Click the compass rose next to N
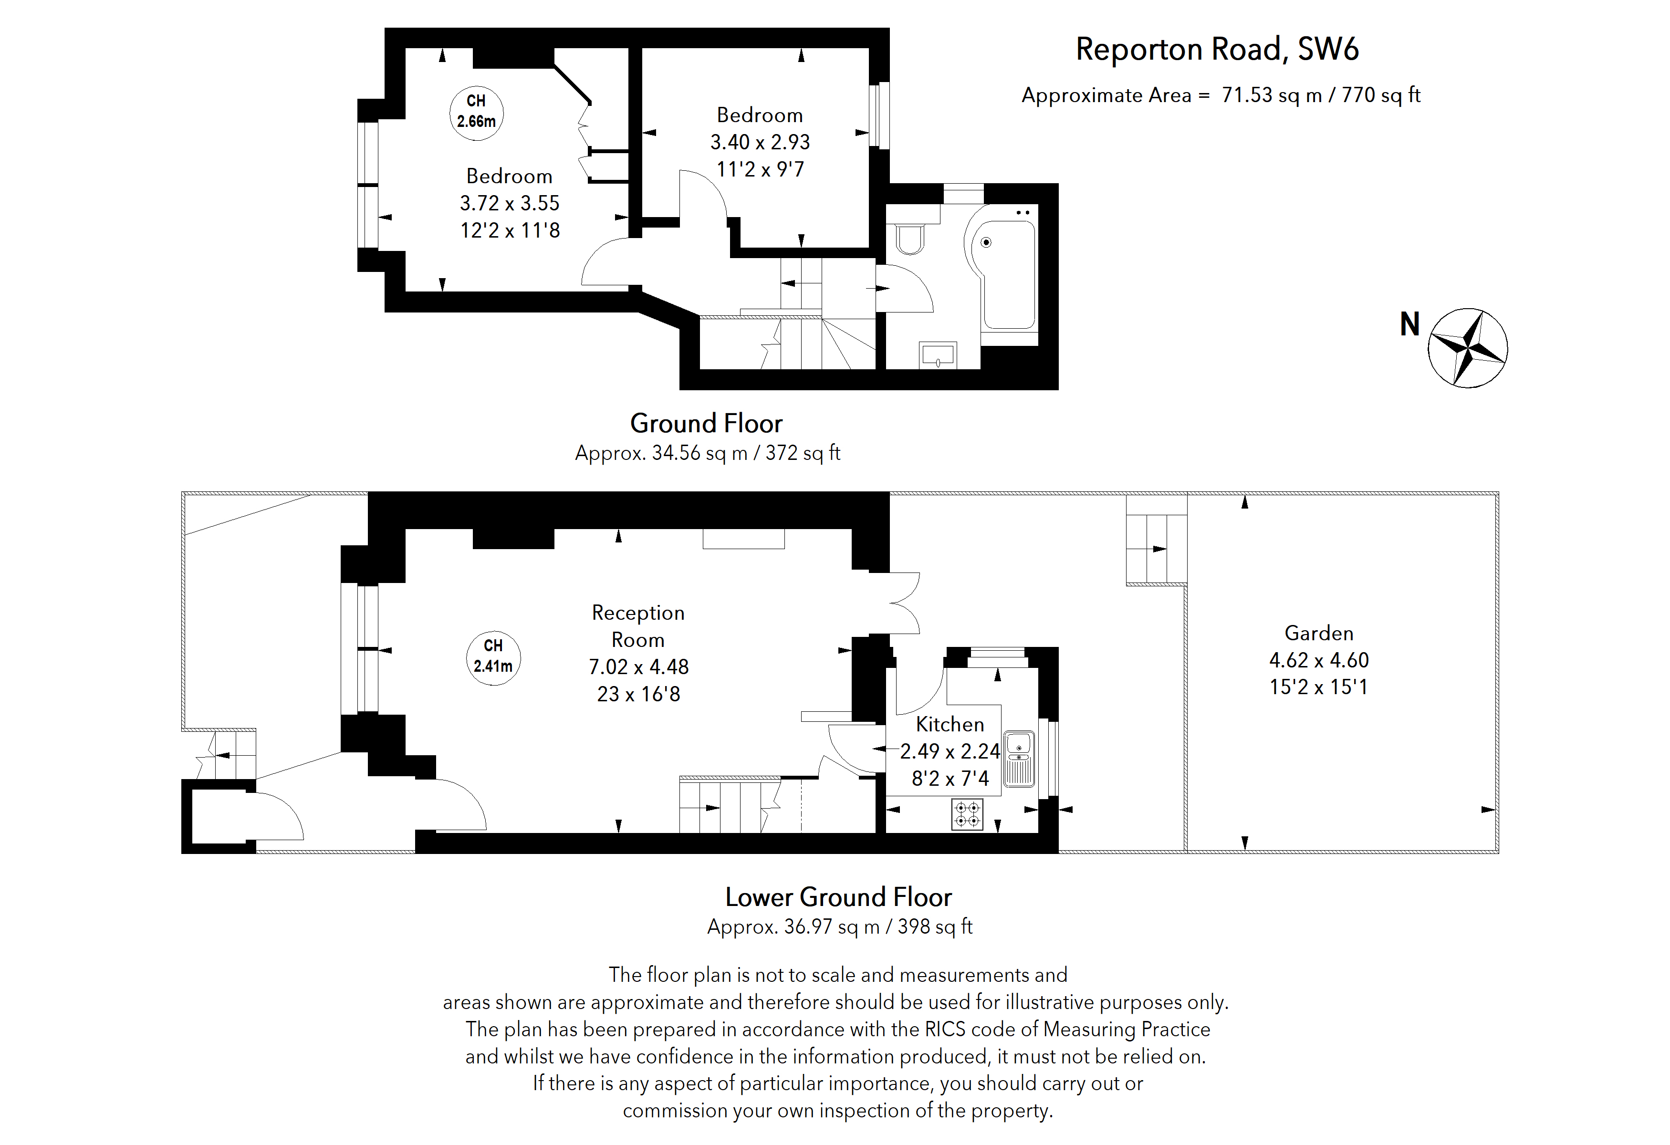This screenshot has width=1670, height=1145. coord(1467,348)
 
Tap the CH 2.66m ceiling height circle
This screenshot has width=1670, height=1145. coord(476,112)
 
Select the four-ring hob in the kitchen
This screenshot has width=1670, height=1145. coord(967,814)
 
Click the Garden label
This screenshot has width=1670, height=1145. coord(1319,633)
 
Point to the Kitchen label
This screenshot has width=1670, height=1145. coord(949,724)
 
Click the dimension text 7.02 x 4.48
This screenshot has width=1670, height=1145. coord(638,666)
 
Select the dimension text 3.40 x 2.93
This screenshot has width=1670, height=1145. coord(760,142)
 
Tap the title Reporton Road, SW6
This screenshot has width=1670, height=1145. coord(1217,50)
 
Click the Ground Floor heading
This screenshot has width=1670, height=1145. coord(706,423)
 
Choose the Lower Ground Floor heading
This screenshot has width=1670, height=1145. coord(838,897)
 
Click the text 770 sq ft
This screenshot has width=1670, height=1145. coord(1381,95)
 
